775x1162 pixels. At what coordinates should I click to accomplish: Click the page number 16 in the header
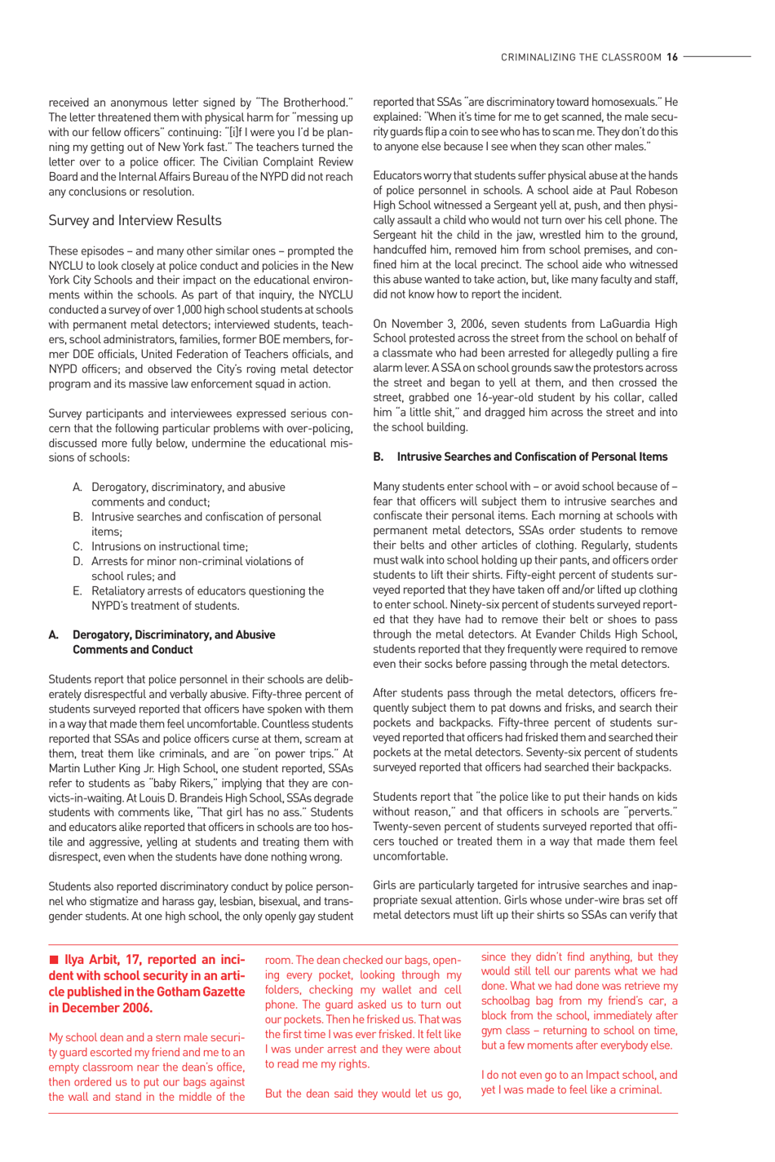(672, 57)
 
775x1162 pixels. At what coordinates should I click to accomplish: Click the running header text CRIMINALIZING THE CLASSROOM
(581, 57)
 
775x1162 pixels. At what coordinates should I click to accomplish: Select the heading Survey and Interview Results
(135, 221)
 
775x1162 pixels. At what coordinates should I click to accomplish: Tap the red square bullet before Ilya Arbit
(54, 960)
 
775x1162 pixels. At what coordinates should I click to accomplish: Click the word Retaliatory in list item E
(122, 591)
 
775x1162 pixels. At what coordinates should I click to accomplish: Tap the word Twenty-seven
(406, 828)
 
